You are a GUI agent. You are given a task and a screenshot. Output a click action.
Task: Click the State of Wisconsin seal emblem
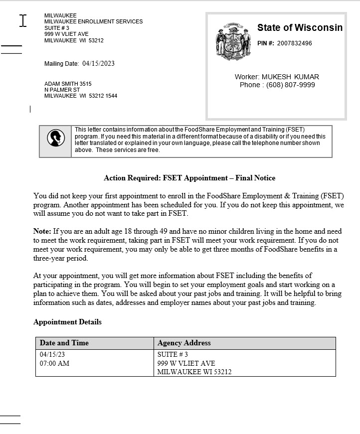coord(230,42)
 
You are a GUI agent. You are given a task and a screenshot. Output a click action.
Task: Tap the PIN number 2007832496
coord(294,43)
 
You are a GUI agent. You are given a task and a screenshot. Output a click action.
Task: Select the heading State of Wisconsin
coord(300,28)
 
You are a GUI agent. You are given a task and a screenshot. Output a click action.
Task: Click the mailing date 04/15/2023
coord(98,63)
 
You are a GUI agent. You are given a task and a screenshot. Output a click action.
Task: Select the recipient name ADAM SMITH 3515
coord(68,84)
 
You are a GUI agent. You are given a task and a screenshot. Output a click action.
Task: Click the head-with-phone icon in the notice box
coord(55,138)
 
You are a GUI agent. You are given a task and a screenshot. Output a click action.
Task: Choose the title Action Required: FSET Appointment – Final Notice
coord(189,178)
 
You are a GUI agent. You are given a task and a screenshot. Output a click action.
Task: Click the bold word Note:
coord(42,231)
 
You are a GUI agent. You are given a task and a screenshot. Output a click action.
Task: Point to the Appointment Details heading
coord(67,322)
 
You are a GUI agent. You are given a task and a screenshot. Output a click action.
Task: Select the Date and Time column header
coord(64,343)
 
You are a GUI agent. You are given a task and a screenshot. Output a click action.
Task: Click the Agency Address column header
coord(184,343)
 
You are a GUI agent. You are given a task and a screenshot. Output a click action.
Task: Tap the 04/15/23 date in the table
coord(52,354)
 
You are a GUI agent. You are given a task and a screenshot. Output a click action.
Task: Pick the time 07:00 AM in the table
coord(54,363)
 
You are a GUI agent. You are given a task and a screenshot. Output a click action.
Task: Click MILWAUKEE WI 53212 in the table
coord(194,372)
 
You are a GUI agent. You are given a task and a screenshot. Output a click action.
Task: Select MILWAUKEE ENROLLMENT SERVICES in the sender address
coord(93,21)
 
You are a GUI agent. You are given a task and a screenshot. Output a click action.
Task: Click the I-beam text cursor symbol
coord(22,20)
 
